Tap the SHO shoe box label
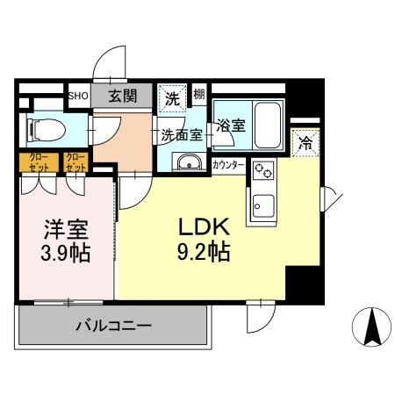[x=77, y=96]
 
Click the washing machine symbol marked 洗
[x=172, y=98]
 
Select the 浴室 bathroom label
[x=232, y=126]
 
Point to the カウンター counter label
[x=228, y=164]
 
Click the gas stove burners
[x=262, y=172]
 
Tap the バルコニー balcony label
[x=112, y=325]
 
